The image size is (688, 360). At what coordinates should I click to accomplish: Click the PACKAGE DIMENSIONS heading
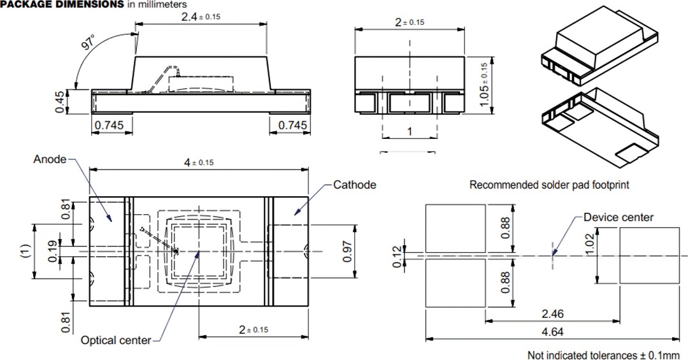(62, 4)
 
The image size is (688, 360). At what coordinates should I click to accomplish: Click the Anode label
(50, 159)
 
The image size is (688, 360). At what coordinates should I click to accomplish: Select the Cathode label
(355, 185)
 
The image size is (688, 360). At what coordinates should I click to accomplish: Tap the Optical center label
(116, 340)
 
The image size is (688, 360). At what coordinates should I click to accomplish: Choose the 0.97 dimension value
(364, 250)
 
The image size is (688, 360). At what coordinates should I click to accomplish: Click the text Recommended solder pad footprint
(549, 185)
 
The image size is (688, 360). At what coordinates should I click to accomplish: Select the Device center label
(619, 217)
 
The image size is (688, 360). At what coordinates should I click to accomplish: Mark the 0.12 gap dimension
(399, 257)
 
